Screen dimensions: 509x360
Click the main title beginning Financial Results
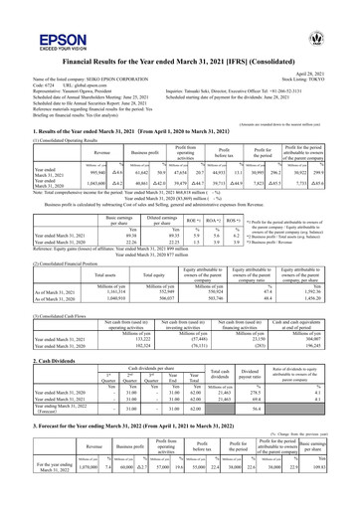[x=180, y=59]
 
